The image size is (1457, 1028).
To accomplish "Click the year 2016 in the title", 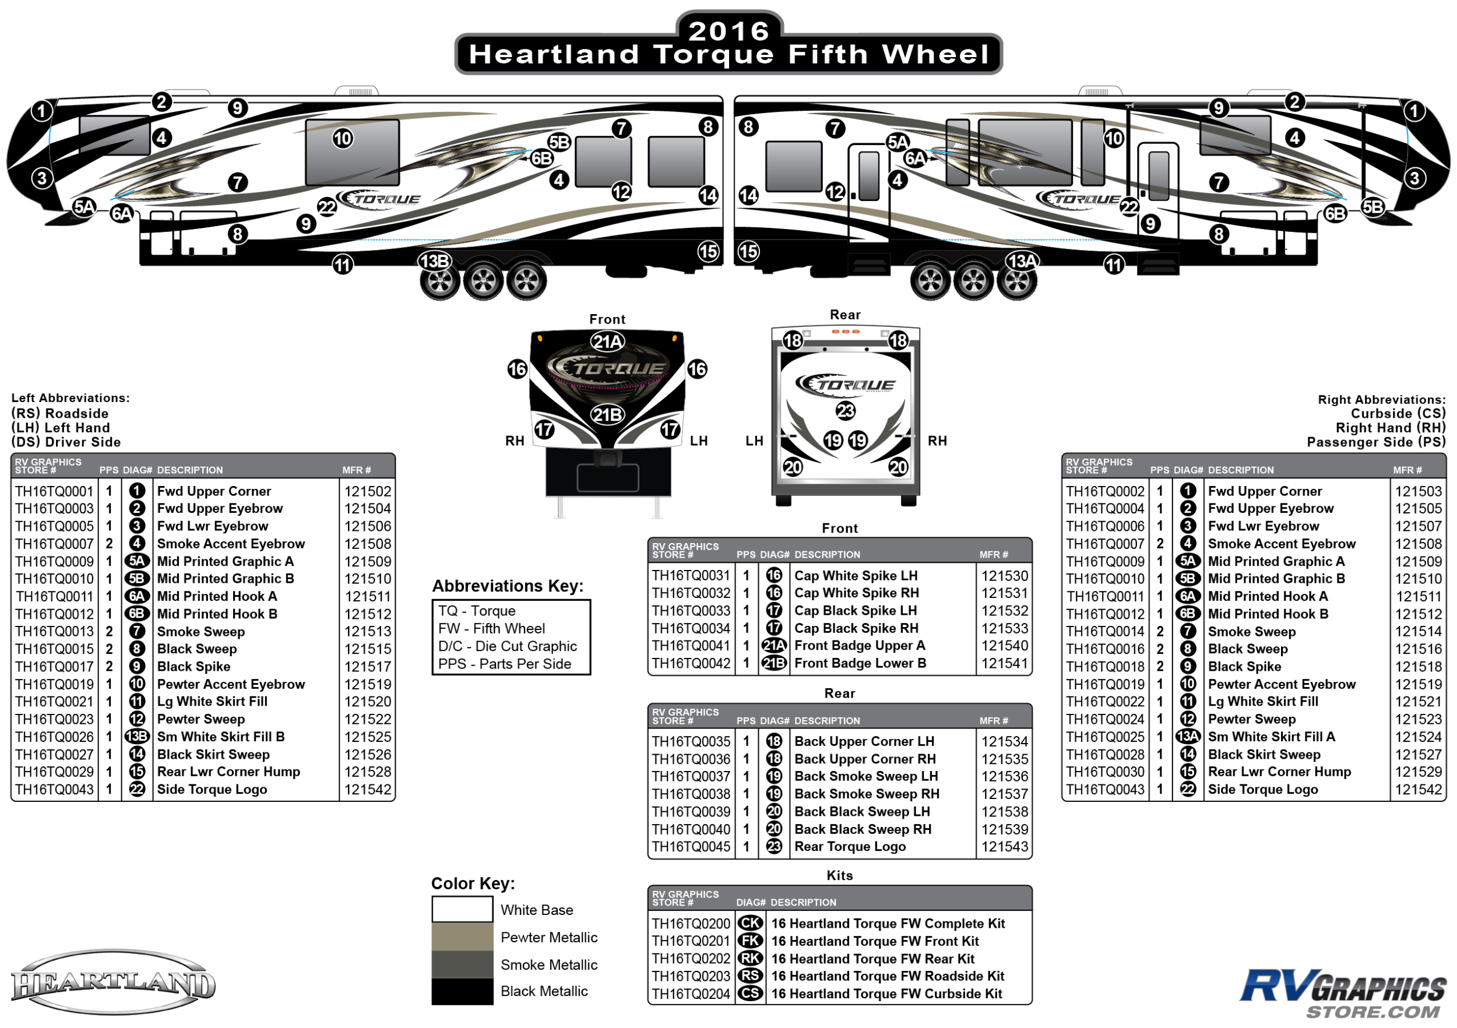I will (728, 30).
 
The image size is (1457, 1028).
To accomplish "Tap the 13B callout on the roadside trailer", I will (435, 261).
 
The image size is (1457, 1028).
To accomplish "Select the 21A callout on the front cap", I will (607, 342).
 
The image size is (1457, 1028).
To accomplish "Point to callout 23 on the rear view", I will (845, 411).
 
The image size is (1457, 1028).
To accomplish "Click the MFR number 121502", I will (367, 491).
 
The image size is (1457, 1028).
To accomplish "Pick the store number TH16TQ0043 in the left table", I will (55, 790).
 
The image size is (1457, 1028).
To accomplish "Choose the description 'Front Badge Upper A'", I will (859, 645).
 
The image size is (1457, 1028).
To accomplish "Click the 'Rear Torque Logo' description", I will (850, 847).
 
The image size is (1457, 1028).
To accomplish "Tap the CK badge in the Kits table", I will (751, 923).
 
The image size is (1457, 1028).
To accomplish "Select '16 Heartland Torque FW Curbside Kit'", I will (886, 994).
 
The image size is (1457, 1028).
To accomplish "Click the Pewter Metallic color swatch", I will (462, 937).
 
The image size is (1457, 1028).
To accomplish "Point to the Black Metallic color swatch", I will (462, 991).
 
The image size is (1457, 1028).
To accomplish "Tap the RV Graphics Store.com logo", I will (1343, 993).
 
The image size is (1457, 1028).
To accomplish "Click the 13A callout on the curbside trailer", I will (1022, 261).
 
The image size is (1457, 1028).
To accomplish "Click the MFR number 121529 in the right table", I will (1419, 772).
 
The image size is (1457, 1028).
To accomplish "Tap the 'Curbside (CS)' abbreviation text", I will (1398, 413).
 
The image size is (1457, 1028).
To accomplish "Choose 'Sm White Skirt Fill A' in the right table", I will (1271, 737).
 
